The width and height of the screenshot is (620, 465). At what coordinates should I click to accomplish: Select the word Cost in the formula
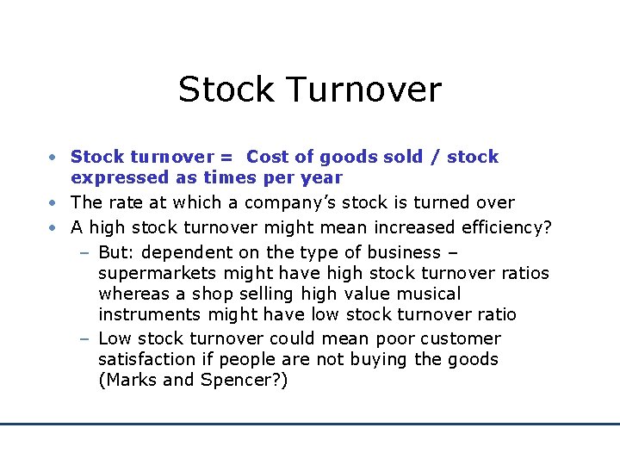click(264, 157)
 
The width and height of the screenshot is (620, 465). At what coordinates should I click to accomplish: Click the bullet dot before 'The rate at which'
click(53, 203)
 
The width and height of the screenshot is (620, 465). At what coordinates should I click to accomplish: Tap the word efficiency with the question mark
click(509, 227)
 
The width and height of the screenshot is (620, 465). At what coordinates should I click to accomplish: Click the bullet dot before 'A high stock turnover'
click(53, 227)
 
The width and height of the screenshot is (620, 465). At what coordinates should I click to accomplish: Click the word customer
click(459, 338)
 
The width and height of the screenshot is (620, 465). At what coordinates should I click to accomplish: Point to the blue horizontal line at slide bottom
click(310, 424)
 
